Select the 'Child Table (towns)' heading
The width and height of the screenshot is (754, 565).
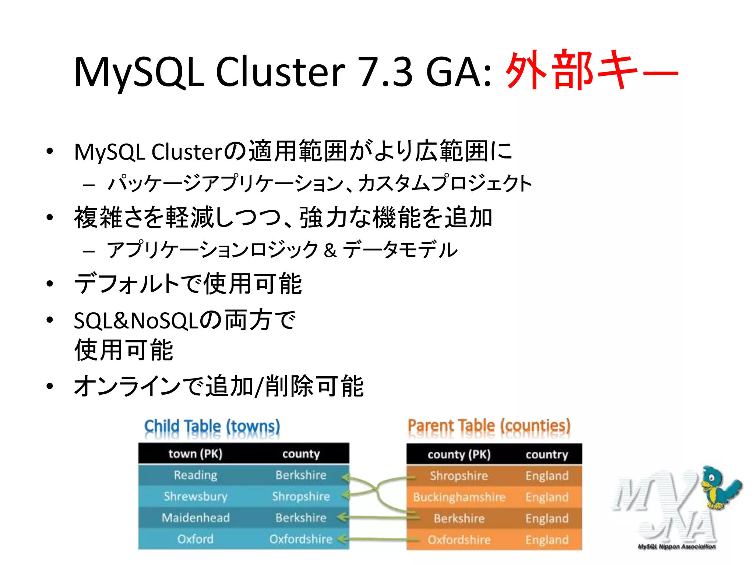click(x=212, y=427)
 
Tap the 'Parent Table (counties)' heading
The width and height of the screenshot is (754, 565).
click(x=489, y=426)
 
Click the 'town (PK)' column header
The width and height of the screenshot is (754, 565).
click(x=195, y=454)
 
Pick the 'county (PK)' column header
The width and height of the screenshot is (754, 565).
click(x=459, y=455)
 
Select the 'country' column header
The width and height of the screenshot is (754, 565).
click(x=547, y=455)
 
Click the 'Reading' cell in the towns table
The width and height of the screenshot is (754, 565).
click(x=195, y=475)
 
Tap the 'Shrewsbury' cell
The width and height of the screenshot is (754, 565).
click(x=195, y=496)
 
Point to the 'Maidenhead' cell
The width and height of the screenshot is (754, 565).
click(x=195, y=518)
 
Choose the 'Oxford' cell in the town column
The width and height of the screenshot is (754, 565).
click(x=195, y=539)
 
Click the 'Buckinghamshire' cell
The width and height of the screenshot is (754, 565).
click(x=459, y=497)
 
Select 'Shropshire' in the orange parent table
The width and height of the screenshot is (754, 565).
click(x=459, y=476)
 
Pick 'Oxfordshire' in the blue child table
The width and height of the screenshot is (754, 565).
click(x=301, y=539)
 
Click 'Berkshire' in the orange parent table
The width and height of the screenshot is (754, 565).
click(x=459, y=518)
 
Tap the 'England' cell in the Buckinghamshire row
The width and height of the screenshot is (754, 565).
click(x=547, y=497)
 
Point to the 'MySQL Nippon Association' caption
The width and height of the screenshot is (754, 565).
click(x=677, y=547)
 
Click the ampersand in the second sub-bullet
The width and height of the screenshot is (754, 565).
click(x=330, y=250)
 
